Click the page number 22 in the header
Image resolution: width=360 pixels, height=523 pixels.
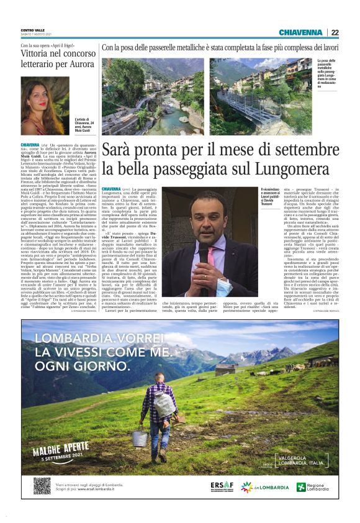coord(335,32)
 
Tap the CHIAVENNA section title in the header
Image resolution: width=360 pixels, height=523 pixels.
coord(301,32)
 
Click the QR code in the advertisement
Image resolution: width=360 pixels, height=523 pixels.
coord(42,486)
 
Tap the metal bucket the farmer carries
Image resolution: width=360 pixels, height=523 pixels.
coord(138,437)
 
